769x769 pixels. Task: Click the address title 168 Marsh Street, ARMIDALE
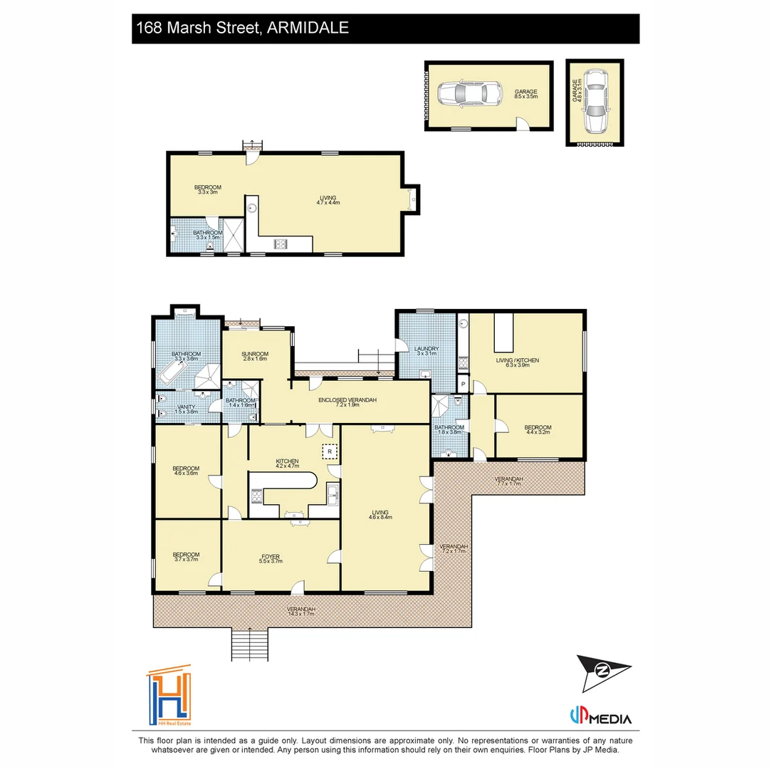coord(242,28)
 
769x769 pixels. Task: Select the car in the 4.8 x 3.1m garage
coord(594,103)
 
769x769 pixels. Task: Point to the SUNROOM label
coord(254,356)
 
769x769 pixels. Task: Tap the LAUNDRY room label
coord(427,351)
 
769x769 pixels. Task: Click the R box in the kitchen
coord(330,451)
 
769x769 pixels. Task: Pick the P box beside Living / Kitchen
coord(463,384)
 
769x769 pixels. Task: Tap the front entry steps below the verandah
coord(250,645)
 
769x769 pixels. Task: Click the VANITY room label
coord(186,409)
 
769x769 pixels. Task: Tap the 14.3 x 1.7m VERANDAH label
coord(301,612)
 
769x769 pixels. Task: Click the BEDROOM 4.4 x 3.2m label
coord(538,430)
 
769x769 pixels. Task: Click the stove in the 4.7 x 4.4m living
coord(281,244)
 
